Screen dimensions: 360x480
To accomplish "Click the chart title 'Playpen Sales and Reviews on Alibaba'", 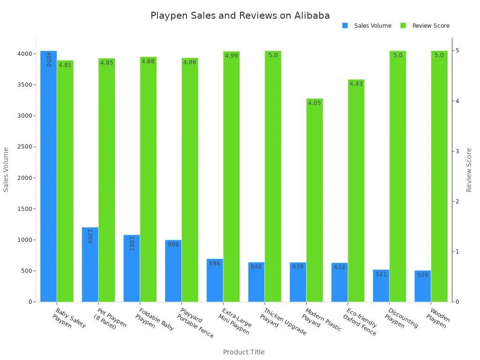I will click(240, 15).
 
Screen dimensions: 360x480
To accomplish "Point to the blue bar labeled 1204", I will click(90, 264).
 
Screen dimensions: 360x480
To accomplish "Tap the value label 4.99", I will click(232, 56).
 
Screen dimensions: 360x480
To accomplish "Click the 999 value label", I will click(173, 245).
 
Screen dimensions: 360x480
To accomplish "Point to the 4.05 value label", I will click(315, 103).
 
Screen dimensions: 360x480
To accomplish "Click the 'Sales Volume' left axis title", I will click(6, 169).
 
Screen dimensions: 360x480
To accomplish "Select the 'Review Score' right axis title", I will click(469, 169).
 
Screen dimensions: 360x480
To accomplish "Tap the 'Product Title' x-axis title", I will click(244, 352).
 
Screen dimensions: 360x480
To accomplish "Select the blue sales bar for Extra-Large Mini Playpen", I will click(215, 280).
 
